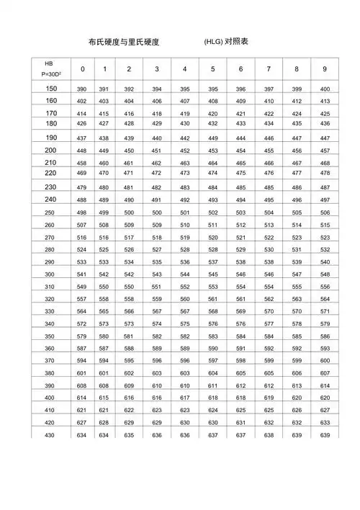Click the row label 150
pyautogui.click(x=50, y=87)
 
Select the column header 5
pyautogui.click(x=212, y=69)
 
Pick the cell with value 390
pyautogui.click(x=81, y=88)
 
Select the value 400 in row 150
pyautogui.click(x=325, y=88)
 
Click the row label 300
pyautogui.click(x=48, y=274)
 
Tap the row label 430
pyautogui.click(x=48, y=435)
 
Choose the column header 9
pyautogui.click(x=325, y=69)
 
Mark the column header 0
pyautogui.click(x=82, y=69)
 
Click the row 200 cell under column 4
pyautogui.click(x=184, y=151)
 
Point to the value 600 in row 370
pyautogui.click(x=325, y=360)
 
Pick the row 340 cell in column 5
pyautogui.click(x=212, y=324)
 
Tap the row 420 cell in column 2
pyautogui.click(x=129, y=423)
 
